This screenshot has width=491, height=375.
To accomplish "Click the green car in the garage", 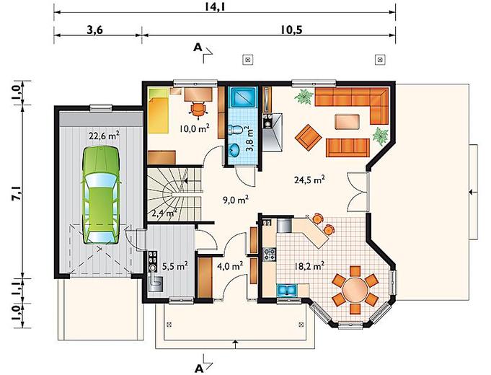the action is point(100,195).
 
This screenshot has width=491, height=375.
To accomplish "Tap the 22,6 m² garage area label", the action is point(104,136).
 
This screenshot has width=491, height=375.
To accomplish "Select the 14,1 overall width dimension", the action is point(216,6).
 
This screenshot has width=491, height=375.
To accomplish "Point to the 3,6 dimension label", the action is point(95,30).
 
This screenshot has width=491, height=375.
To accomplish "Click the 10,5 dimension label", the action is point(291,30).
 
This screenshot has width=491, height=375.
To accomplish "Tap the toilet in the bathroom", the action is point(236,129).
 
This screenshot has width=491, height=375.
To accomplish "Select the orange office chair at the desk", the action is point(198,110).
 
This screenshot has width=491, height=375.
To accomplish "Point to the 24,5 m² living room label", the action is point(309,180).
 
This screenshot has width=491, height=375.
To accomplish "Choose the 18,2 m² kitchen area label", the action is point(309,266).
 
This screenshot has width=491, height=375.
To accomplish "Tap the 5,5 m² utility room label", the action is point(175,266).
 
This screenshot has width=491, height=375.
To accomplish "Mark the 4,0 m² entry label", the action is point(230,266).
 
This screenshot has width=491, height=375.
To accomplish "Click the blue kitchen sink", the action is point(287,290).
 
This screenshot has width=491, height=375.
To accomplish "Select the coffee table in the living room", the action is point(347,122).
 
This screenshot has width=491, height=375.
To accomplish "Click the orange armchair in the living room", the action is point(308,138).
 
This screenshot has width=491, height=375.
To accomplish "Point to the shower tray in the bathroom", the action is point(243,98).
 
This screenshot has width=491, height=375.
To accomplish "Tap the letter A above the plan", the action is point(198,48).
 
